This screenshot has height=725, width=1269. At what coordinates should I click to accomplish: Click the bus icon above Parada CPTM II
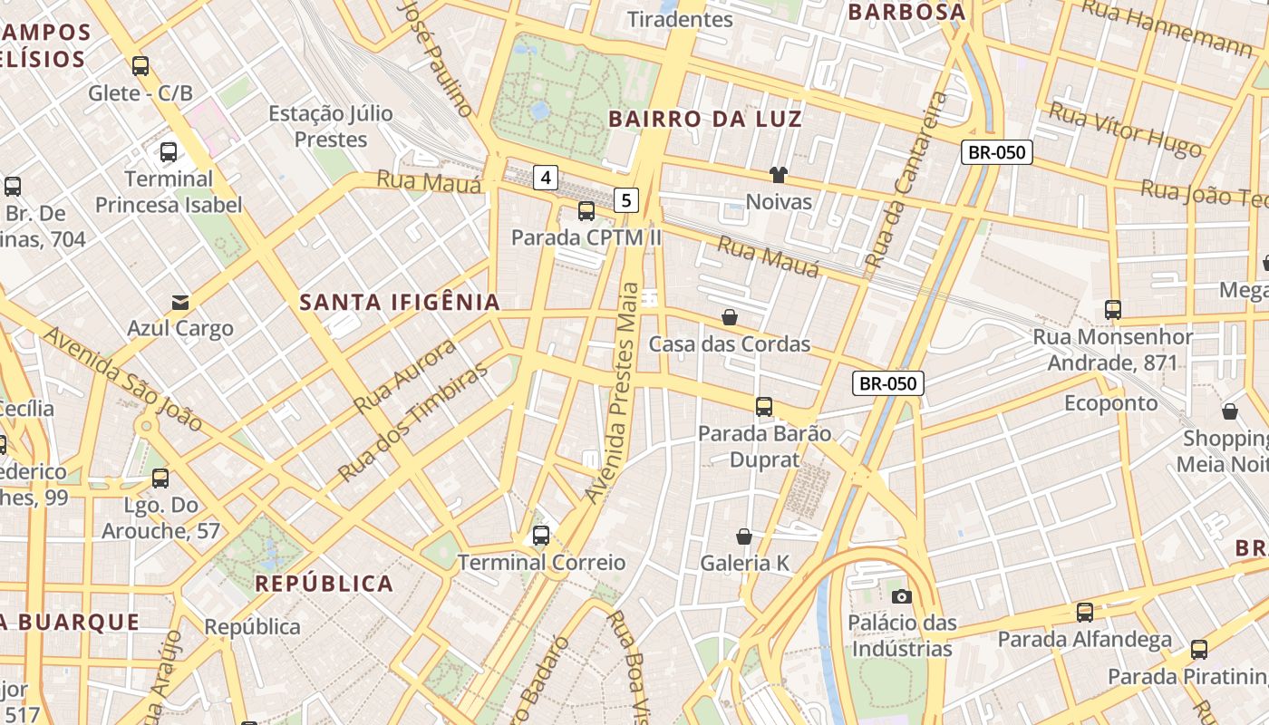pos(586,211)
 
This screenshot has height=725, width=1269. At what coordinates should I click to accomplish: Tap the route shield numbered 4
pos(545,177)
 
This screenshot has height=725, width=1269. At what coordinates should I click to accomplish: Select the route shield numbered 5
pos(626,199)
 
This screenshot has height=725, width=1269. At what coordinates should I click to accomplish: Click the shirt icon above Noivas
pos(778,174)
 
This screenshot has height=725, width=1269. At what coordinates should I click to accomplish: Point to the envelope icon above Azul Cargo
pos(180,302)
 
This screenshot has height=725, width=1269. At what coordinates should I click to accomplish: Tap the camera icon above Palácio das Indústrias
pos(901,595)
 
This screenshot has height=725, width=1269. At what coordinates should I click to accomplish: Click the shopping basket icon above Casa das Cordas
pos(729,317)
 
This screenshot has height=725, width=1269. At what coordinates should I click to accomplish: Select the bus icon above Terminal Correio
pos(541,536)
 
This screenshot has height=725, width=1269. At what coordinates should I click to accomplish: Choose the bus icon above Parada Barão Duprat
pos(764,407)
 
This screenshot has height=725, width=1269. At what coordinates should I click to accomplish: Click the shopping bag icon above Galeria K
pos(744,536)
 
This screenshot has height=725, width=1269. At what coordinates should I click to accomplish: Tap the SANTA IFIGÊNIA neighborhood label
pos(400,303)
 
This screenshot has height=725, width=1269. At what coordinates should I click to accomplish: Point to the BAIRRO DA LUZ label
pos(704,119)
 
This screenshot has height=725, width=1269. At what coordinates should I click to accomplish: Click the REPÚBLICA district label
pos(325,584)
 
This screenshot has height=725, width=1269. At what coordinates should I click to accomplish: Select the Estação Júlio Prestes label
pos(331,127)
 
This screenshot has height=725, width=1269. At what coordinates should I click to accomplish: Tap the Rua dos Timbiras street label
pos(412,423)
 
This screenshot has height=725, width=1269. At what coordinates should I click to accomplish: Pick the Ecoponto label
pos(1110,402)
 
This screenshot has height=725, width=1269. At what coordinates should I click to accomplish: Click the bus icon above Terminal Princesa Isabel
pos(169,151)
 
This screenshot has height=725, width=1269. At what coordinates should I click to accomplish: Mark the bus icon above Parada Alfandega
pos(1085,613)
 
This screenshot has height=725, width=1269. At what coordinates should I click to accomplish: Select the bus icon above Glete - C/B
pos(140,65)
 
